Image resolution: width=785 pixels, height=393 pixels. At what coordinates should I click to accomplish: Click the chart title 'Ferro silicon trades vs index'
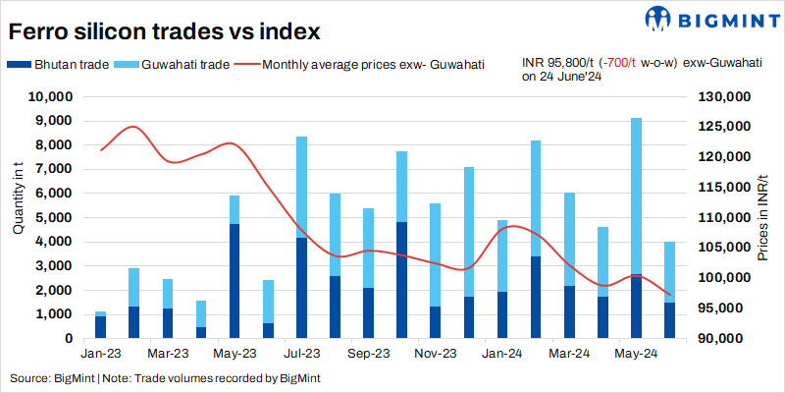tap(165, 31)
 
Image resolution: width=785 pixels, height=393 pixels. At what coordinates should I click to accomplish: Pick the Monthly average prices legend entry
tap(373, 65)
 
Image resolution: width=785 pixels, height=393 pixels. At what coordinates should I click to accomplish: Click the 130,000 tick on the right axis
tap(724, 97)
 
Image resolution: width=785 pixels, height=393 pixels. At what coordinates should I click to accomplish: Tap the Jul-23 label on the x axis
tap(302, 353)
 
